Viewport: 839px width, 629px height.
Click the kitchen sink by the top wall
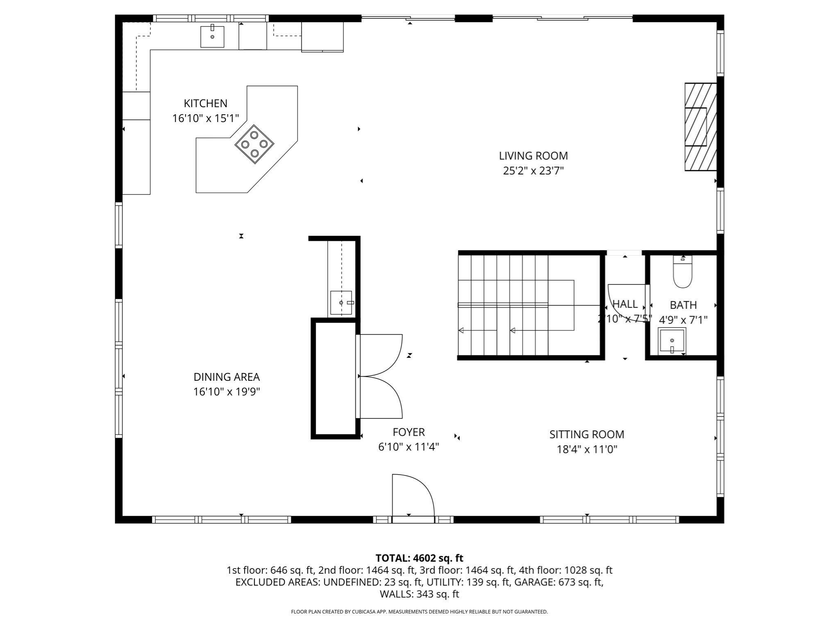click(x=212, y=37)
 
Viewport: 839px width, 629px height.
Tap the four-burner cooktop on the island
click(x=254, y=144)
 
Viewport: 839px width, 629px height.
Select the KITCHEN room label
click(x=205, y=103)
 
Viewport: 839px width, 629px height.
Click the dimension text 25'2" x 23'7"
click(x=533, y=171)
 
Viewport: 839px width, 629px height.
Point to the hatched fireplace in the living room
click(x=701, y=127)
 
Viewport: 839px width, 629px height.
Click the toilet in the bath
click(x=683, y=272)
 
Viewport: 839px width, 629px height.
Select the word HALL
click(x=625, y=304)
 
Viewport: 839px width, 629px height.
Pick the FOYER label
click(x=408, y=432)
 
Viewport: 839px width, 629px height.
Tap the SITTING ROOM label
click(x=587, y=434)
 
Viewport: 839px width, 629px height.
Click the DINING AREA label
click(x=227, y=377)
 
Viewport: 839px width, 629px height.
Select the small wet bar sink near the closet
click(x=341, y=303)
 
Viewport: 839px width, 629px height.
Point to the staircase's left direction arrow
click(x=461, y=330)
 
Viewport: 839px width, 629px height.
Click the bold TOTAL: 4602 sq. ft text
click(x=419, y=558)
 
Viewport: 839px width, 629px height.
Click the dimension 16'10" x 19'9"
click(x=227, y=392)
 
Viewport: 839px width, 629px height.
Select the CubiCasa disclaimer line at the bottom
click(x=419, y=612)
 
